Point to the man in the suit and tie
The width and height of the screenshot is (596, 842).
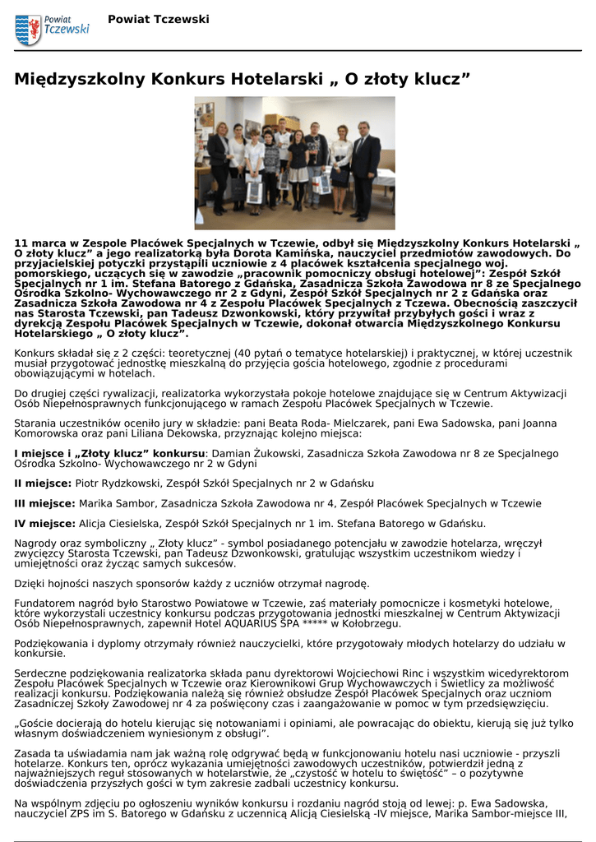pos(364,169)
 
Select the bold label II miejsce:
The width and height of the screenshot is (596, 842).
pos(44,483)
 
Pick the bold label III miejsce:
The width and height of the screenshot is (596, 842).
pos(45,503)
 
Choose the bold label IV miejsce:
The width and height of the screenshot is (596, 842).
pos(45,523)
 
